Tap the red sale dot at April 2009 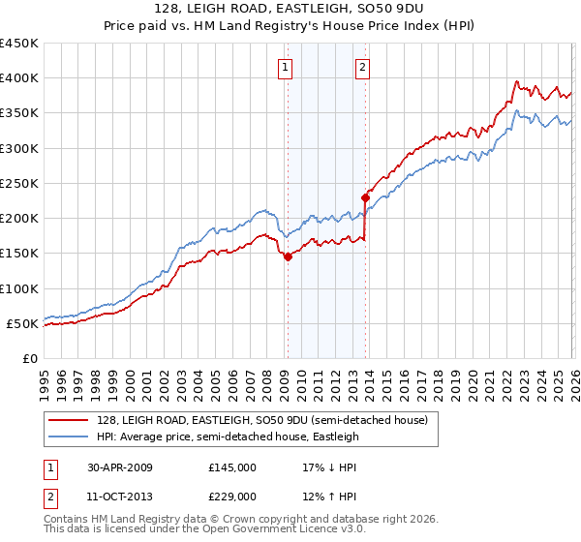pyautogui.click(x=288, y=256)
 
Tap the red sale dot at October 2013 pyautogui.click(x=365, y=197)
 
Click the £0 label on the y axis pyautogui.click(x=29, y=358)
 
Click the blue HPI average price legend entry pyautogui.click(x=228, y=437)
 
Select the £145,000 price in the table pyautogui.click(x=232, y=467)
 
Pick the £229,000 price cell pyautogui.click(x=232, y=496)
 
